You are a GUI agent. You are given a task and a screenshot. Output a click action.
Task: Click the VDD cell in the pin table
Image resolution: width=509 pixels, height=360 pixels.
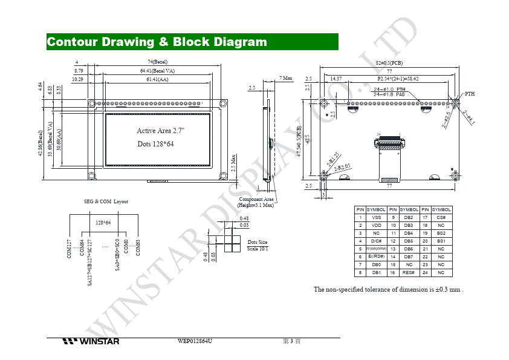pyautogui.click(x=376, y=225)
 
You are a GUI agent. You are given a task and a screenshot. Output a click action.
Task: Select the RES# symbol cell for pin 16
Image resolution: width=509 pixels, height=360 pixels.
pyautogui.click(x=409, y=272)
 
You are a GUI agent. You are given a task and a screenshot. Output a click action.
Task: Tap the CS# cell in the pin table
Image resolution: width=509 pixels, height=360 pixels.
pyautogui.click(x=441, y=217)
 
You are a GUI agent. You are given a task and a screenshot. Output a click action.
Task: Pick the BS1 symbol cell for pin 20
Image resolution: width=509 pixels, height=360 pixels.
pyautogui.click(x=441, y=241)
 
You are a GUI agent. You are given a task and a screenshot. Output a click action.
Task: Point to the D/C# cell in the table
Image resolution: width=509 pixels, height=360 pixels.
pyautogui.click(x=376, y=241)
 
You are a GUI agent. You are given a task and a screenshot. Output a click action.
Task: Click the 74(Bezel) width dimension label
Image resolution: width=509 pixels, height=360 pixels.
pyautogui.click(x=157, y=62)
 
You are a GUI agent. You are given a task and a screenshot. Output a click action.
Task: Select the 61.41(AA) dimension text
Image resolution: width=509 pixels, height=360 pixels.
pyautogui.click(x=157, y=79)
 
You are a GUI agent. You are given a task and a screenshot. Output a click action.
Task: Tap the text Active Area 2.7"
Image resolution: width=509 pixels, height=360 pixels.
pyautogui.click(x=161, y=131)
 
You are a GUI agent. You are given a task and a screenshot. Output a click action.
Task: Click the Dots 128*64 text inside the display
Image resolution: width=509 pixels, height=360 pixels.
pyautogui.click(x=155, y=144)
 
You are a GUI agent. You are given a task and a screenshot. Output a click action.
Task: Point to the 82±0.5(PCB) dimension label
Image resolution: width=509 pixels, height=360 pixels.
pyautogui.click(x=389, y=62)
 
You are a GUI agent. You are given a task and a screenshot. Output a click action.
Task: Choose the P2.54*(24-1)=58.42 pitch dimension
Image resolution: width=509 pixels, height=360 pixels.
pyautogui.click(x=398, y=79)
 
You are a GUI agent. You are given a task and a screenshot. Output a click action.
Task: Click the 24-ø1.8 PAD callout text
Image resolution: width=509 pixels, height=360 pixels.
pyautogui.click(x=389, y=94)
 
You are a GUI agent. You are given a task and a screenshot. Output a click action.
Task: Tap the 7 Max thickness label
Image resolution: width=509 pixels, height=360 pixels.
pyautogui.click(x=286, y=78)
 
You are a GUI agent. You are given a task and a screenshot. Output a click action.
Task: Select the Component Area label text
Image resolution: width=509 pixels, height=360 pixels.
pyautogui.click(x=256, y=199)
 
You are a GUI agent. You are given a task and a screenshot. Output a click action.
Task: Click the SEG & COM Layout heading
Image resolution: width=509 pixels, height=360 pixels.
pyautogui.click(x=106, y=201)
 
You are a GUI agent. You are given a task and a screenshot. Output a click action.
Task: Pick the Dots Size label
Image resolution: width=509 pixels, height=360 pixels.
pyautogui.click(x=258, y=242)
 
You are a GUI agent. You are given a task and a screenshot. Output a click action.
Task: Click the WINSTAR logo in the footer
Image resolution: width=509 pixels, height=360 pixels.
pyautogui.click(x=90, y=341)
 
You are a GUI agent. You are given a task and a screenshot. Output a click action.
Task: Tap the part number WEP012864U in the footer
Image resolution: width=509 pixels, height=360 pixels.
pyautogui.click(x=195, y=341)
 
